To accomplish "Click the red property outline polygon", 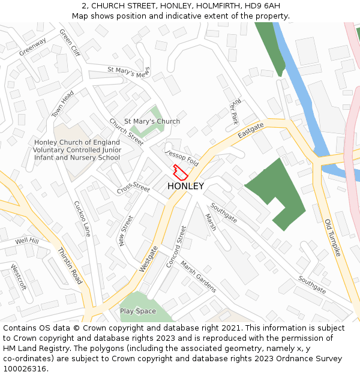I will pos(180,171).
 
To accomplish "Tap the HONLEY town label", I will pos(185,186).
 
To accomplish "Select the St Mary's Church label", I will pos(152,121).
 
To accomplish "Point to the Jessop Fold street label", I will pos(182,158).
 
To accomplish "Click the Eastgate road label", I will pos(250,130).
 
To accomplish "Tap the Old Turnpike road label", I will pos(332,238).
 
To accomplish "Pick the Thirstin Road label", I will pos(70,266).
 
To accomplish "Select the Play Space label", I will pos(137,311).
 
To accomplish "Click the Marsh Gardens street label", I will pos(198,277).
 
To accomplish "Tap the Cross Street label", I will pos(133,188).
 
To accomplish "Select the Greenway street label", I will pos(32,47).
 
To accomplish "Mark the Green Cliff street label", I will pos(70,41).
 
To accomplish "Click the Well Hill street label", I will pos(27,241).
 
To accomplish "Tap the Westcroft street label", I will pos(19,277).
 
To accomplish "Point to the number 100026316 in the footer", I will pos(25,369).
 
